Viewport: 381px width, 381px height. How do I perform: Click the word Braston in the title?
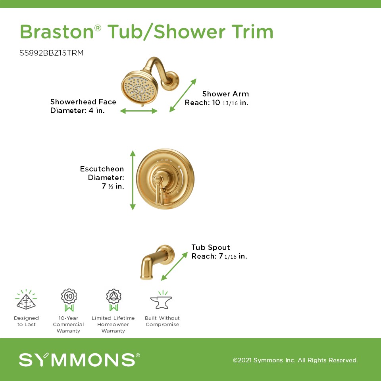coord(57,32)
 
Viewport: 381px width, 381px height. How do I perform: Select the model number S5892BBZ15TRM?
coord(51,53)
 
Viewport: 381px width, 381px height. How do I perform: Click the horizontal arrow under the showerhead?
coord(139,111)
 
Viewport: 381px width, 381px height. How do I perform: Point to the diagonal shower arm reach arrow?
coord(183,95)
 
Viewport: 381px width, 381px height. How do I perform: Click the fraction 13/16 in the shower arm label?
coord(230,103)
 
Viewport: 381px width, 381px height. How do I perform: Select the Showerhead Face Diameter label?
coord(83,106)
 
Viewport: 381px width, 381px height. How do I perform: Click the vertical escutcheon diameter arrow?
coord(133,180)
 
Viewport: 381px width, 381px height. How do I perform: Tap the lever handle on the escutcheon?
coord(159,188)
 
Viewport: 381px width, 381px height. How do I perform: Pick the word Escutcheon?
coord(102,169)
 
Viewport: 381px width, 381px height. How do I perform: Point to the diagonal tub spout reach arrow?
coord(175,266)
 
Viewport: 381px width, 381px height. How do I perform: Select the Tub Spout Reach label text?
coord(219,252)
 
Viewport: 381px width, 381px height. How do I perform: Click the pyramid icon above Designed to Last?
coord(26,300)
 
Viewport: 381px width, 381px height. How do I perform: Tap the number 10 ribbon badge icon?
coord(69,300)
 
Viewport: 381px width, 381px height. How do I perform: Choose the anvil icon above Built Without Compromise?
coord(161,300)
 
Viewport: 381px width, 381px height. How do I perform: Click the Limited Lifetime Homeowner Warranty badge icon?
coord(114,300)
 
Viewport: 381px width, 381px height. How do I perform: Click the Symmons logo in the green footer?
coord(79,360)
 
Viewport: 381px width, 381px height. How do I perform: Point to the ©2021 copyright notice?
coord(295,360)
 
